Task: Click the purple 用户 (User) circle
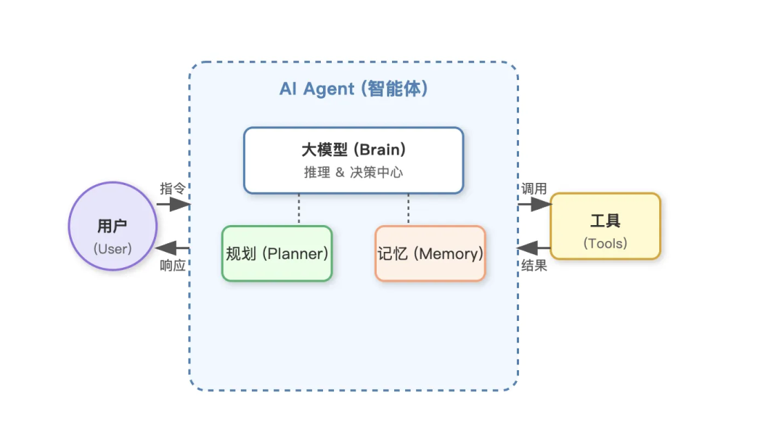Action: pos(113,226)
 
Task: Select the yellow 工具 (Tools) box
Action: pos(605,226)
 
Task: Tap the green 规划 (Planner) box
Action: pos(277,253)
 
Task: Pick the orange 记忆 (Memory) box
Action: pos(430,253)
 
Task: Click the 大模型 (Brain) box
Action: pos(354,160)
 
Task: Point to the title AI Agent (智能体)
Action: pos(354,89)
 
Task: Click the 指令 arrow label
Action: pos(173,188)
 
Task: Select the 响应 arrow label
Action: pos(173,265)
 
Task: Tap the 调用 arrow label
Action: pos(534,188)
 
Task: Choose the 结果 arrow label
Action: pos(534,266)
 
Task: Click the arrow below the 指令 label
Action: pos(173,205)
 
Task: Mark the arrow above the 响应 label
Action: pos(173,248)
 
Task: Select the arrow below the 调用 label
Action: pos(535,205)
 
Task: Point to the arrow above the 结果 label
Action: pos(534,248)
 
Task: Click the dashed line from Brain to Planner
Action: pos(298,209)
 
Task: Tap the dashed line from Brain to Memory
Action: pos(408,209)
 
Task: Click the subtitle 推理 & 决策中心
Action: pos(354,173)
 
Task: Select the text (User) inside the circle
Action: pos(113,248)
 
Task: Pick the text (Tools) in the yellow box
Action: pos(605,243)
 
